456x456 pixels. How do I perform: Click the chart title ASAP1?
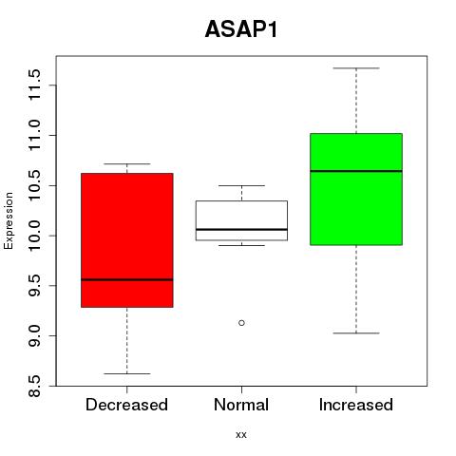[x=241, y=29]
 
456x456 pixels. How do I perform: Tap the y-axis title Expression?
[x=9, y=220]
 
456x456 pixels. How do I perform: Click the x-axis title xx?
[x=241, y=435]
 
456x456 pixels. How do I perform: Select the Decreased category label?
[x=126, y=405]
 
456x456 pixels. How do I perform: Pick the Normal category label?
[x=241, y=405]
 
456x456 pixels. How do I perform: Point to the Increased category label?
[x=356, y=405]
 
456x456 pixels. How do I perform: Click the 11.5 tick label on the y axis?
[x=34, y=85]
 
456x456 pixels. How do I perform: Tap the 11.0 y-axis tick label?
[x=34, y=135]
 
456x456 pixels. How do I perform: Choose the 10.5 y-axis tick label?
[x=34, y=185]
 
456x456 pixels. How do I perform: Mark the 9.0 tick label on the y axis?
[x=34, y=335]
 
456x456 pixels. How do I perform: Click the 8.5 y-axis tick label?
[x=34, y=386]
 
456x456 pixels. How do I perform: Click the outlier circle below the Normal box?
[x=241, y=323]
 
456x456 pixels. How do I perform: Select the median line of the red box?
[x=127, y=279]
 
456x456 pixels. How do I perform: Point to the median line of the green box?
[x=356, y=171]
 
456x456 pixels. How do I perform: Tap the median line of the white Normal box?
[x=241, y=229]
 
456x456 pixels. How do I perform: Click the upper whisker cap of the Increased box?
[x=356, y=68]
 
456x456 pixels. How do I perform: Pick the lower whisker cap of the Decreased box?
[x=127, y=373]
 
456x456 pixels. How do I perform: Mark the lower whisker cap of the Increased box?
[x=356, y=333]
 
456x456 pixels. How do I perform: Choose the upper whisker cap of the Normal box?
[x=241, y=185]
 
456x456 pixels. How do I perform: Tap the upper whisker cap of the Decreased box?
[x=127, y=163]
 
